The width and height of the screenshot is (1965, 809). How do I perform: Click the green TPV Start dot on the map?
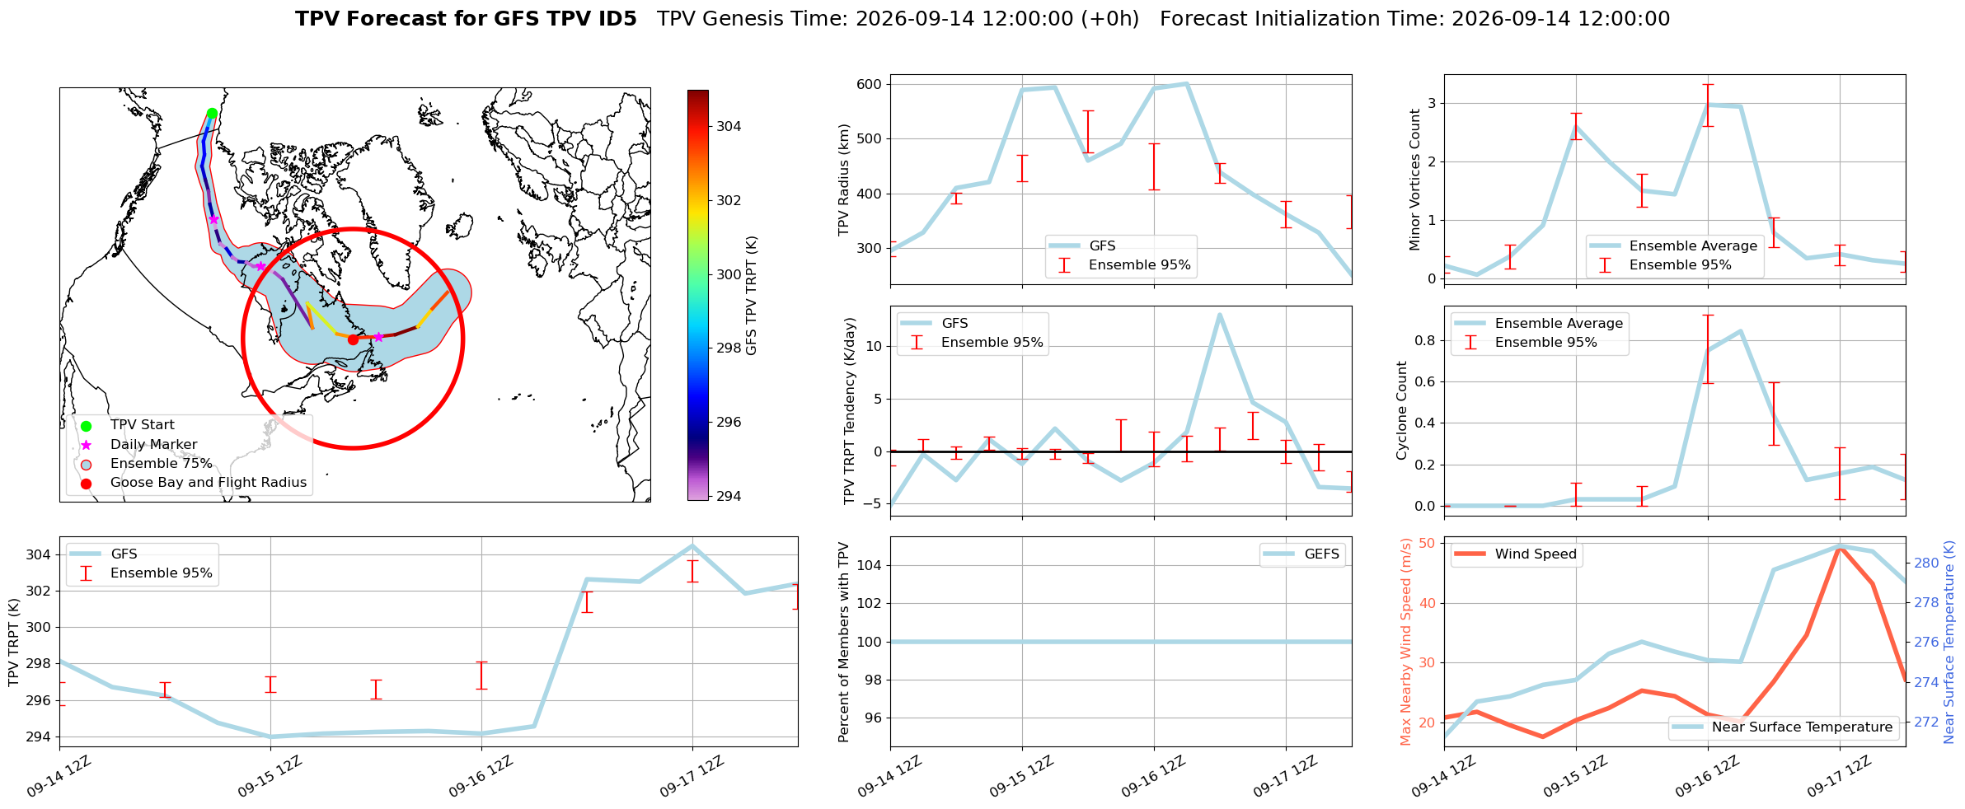[x=212, y=114]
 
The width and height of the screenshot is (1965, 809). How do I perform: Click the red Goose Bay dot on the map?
[x=353, y=339]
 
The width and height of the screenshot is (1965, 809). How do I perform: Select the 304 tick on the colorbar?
[x=729, y=126]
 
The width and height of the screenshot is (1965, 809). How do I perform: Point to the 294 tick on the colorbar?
[x=729, y=496]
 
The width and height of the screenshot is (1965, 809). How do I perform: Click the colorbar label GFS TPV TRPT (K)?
[x=751, y=296]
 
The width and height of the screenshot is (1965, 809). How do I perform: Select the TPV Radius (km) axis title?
[x=844, y=180]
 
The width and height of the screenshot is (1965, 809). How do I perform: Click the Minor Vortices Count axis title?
[x=1415, y=180]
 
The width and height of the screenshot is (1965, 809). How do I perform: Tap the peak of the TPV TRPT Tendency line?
[x=1219, y=315]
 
